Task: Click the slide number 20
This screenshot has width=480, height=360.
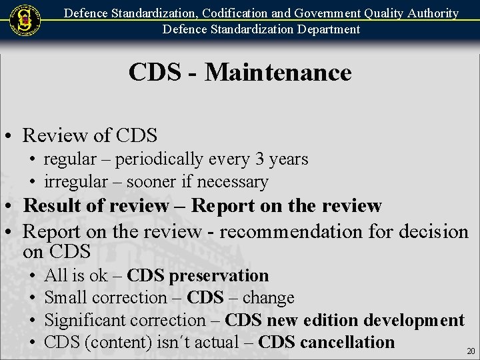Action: pyautogui.click(x=471, y=351)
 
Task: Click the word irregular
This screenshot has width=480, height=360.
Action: pyautogui.click(x=73, y=181)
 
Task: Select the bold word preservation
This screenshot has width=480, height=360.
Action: pyautogui.click(x=219, y=275)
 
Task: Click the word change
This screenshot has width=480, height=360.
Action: pyautogui.click(x=269, y=297)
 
